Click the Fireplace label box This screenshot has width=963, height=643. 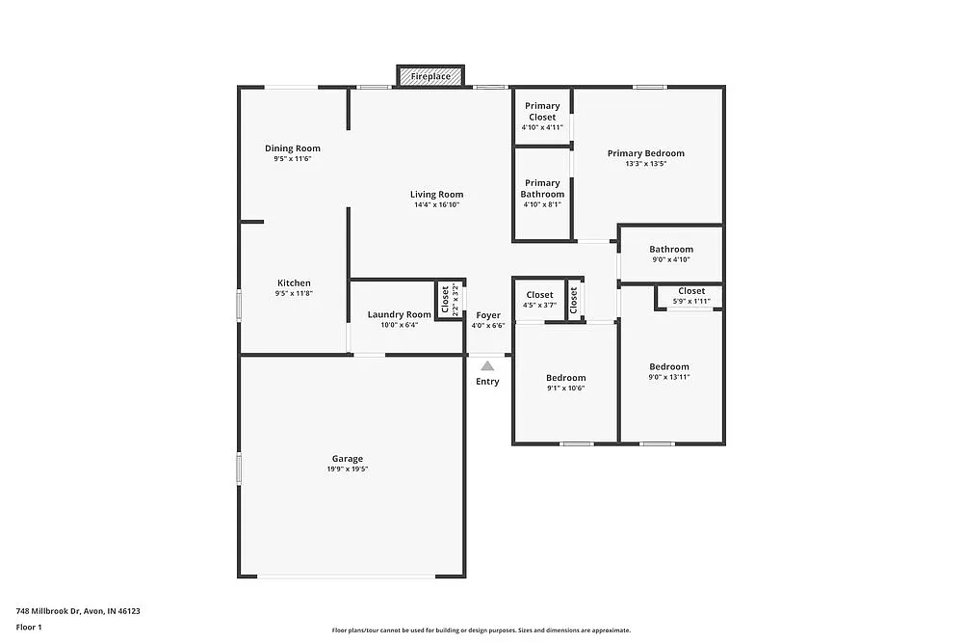(x=430, y=76)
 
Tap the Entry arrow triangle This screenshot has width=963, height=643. (x=488, y=365)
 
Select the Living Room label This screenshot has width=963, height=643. (x=437, y=195)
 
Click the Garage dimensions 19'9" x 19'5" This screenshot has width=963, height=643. (x=348, y=469)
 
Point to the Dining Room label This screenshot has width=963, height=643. (x=293, y=148)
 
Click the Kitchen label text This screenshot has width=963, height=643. (x=294, y=283)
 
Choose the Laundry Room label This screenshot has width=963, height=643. (x=400, y=314)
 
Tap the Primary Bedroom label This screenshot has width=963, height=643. (x=645, y=153)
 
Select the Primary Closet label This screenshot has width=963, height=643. (x=542, y=112)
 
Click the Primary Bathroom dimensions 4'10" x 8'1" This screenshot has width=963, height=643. (x=542, y=204)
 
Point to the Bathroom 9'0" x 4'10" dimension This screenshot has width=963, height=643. (x=670, y=259)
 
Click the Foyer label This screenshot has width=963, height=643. (x=488, y=315)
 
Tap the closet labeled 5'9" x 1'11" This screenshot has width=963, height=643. (x=690, y=302)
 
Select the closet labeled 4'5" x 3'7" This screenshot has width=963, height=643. (x=539, y=306)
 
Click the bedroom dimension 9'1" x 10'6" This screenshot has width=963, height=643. (x=565, y=388)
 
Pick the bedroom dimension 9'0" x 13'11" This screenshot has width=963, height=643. (x=668, y=377)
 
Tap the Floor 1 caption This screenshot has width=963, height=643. (x=29, y=627)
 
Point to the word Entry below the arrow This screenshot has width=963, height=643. (x=487, y=382)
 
